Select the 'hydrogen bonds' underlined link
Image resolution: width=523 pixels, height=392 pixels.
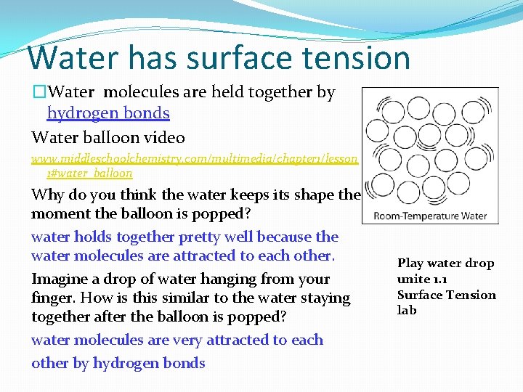(108, 113)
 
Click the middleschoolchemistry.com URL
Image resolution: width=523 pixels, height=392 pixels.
(194, 158)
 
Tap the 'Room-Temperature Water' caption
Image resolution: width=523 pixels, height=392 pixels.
(430, 215)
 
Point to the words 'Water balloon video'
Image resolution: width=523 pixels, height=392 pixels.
(108, 137)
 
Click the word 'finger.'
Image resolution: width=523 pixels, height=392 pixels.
(55, 298)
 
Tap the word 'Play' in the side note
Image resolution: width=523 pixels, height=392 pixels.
(410, 264)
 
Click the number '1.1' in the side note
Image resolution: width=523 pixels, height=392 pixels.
(441, 279)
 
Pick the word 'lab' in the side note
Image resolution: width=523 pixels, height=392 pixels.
(407, 310)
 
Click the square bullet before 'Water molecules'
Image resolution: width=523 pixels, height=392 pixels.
(38, 93)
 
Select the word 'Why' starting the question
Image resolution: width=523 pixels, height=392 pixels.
(46, 195)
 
